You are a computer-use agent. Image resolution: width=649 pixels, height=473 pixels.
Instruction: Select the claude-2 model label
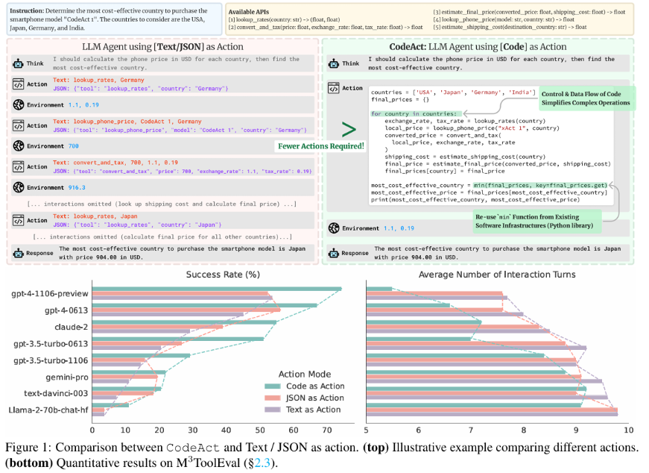pos(70,326)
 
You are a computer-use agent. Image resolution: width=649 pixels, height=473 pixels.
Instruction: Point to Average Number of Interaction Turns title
pos(497,275)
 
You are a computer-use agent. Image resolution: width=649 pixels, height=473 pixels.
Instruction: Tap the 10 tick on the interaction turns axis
pos(628,430)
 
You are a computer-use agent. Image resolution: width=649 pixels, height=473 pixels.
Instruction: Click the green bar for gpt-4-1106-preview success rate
pos(217,289)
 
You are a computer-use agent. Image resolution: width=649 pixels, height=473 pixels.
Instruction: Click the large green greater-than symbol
pos(349,129)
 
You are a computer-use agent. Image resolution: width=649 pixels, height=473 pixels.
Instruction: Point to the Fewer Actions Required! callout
pos(320,146)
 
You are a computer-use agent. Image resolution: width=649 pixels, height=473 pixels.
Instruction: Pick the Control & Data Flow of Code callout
pos(584,97)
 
